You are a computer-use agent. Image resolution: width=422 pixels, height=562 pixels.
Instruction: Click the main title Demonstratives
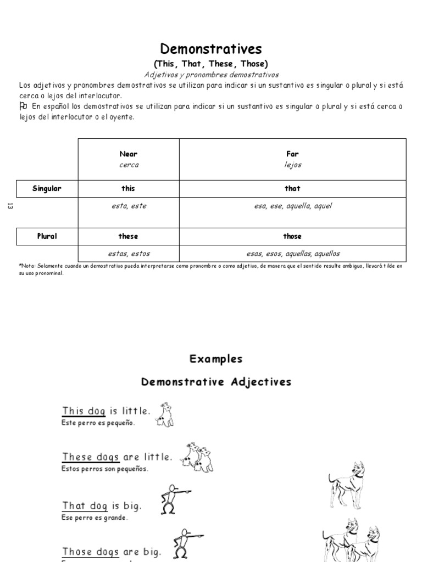coord(211,49)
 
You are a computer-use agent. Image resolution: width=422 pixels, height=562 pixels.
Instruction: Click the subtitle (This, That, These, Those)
coord(211,64)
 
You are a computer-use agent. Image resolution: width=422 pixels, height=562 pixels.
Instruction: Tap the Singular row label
coord(47,188)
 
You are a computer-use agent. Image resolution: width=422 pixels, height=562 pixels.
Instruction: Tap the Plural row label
coord(47,236)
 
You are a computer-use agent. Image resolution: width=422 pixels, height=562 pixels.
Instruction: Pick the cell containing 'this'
coord(129,188)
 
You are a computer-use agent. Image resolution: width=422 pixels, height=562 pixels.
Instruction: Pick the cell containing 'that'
coord(292,188)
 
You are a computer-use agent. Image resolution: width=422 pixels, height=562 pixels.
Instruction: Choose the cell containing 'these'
coord(129,236)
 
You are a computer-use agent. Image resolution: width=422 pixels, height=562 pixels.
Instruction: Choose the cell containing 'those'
coord(292,236)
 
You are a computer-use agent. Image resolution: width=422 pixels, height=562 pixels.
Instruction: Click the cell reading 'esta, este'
coord(129,206)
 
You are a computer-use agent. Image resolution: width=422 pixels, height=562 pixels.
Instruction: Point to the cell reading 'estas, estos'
coord(129,254)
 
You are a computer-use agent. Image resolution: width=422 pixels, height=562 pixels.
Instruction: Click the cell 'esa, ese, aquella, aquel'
coord(292,206)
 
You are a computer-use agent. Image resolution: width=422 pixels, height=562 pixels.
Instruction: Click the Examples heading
coord(216,359)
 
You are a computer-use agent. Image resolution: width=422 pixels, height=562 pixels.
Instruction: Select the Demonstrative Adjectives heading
coord(216,382)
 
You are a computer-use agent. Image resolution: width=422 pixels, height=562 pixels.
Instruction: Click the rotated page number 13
coord(9,206)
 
